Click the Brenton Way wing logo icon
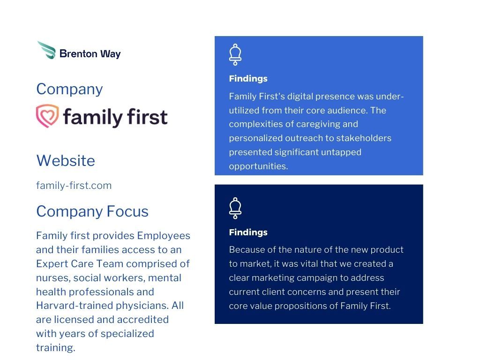(46, 50)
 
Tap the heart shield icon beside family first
(47, 116)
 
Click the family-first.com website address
(74, 185)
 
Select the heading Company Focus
(92, 211)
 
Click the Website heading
(65, 161)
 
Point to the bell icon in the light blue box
(235, 54)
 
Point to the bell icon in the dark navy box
(235, 208)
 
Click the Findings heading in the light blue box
(248, 79)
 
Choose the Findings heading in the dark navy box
(248, 232)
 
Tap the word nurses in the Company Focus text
(51, 277)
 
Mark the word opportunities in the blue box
(257, 166)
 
